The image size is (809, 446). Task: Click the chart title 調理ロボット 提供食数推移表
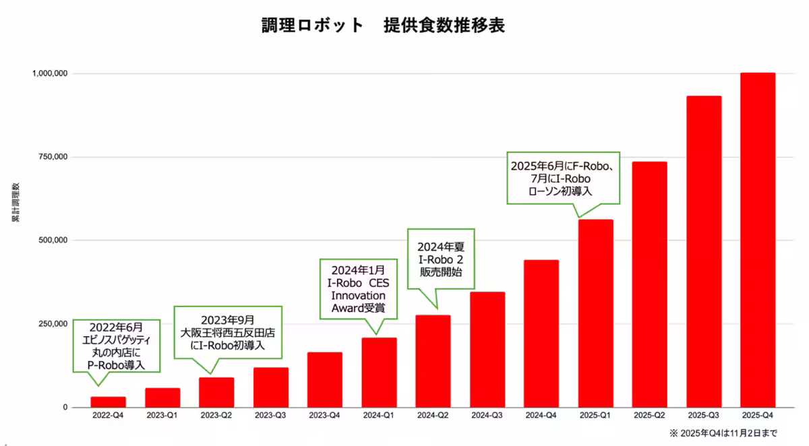[383, 26]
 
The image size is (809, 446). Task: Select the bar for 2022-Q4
[109, 402]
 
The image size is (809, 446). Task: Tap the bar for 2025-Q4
[758, 240]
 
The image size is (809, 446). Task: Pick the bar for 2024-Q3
[487, 350]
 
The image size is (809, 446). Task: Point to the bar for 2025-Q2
[649, 284]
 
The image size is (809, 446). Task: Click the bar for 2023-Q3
[271, 387]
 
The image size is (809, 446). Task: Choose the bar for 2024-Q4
[541, 333]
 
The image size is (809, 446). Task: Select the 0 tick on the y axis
[66, 408]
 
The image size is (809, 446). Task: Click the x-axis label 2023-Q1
[162, 416]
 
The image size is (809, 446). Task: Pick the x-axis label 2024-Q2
[433, 416]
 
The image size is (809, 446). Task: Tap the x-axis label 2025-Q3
[704, 416]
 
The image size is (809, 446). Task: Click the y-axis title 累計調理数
[16, 202]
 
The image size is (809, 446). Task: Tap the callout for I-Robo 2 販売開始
[441, 259]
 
